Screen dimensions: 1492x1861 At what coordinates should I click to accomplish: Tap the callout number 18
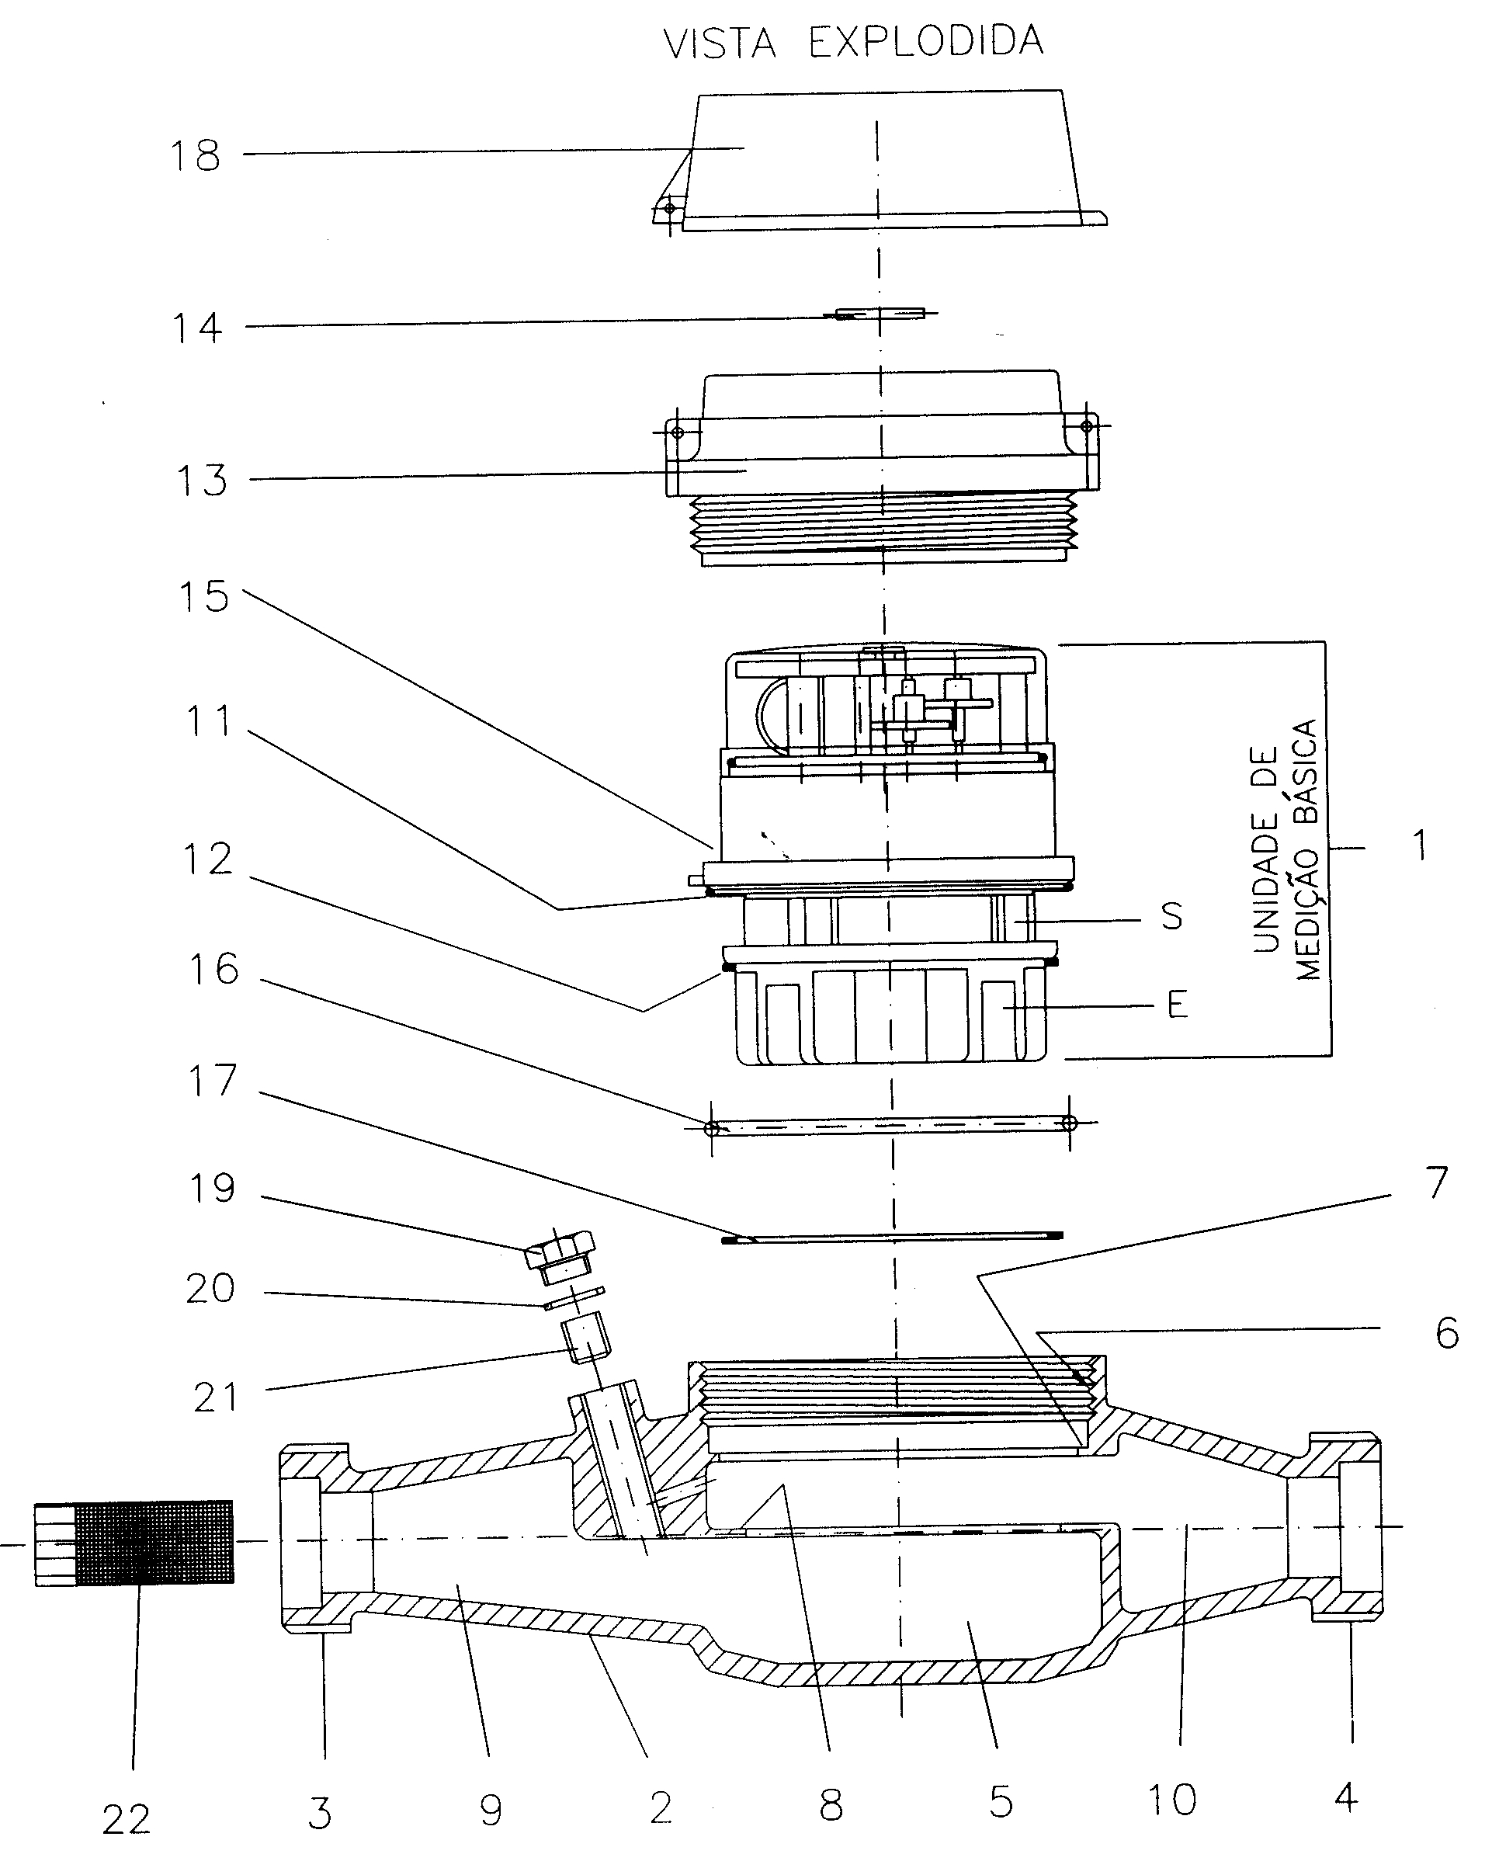(x=195, y=156)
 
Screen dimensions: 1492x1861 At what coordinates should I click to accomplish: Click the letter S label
(x=1171, y=916)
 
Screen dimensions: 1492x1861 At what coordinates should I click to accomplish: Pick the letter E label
(x=1177, y=1004)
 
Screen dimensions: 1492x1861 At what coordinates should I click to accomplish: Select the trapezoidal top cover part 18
(x=879, y=160)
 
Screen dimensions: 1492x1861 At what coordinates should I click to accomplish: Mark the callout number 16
(x=213, y=970)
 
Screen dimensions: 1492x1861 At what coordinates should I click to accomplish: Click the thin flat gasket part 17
(x=892, y=1238)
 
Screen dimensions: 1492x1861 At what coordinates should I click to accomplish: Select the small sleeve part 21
(x=586, y=1338)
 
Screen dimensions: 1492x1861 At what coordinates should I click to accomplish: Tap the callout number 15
(x=203, y=596)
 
